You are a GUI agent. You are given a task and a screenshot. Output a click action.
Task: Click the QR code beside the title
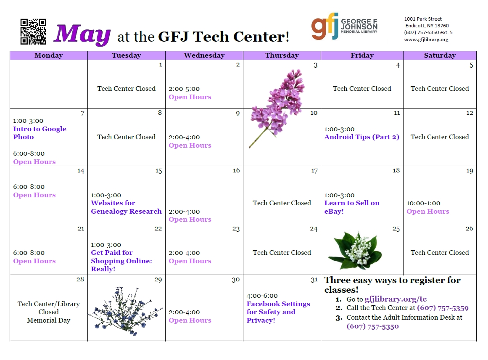pos(33,32)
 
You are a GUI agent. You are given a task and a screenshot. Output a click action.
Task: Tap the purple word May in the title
pos(82,34)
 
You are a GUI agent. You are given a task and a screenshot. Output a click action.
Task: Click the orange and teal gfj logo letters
pos(324,26)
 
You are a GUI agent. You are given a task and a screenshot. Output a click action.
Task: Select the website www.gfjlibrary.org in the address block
pos(426,40)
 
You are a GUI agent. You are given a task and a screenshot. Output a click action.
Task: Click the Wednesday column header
pos(204,56)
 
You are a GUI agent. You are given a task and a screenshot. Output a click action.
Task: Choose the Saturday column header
pos(440,56)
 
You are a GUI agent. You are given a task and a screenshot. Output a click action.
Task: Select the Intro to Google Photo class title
pos(40,133)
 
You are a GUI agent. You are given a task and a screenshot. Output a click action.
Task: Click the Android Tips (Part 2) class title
pos(361,137)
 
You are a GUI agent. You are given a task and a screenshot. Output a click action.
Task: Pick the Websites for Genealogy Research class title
pos(126,207)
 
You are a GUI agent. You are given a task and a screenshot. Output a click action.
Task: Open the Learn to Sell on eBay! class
pos(352,207)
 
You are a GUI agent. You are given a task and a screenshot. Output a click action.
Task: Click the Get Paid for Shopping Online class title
pos(121,261)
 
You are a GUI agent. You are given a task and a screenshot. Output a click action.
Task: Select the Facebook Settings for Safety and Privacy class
pos(278,312)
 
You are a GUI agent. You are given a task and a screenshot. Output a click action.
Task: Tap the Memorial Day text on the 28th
pos(49,320)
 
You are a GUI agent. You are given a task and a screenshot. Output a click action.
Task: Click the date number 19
pos(470,171)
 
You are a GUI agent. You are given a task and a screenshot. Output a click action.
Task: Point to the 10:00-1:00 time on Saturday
pos(423,204)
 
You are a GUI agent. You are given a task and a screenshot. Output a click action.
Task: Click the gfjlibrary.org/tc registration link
pos(396,299)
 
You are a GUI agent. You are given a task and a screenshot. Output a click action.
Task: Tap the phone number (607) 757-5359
pos(443,308)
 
